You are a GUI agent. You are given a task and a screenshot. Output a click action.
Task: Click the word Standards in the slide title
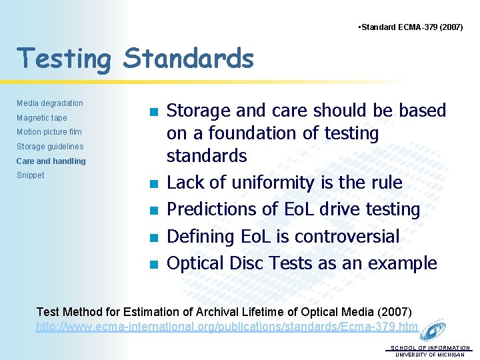(189, 58)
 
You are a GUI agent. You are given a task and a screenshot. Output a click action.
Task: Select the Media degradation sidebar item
(50, 103)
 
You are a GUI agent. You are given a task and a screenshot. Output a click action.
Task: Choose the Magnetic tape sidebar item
(42, 118)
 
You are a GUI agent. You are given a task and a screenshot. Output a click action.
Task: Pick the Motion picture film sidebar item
(49, 132)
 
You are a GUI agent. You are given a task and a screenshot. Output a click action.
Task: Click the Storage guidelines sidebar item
(50, 147)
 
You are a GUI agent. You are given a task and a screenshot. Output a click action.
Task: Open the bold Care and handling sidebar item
(51, 161)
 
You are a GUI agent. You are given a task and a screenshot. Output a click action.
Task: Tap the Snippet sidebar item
(31, 175)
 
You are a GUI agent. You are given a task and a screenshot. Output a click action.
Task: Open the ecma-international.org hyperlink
(227, 327)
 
